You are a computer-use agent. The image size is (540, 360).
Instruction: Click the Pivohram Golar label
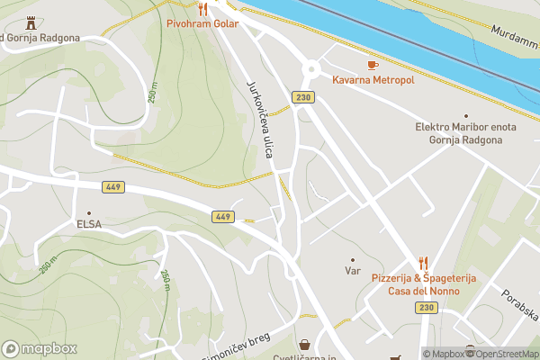pos(202,23)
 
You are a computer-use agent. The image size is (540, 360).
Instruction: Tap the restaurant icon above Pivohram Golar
pos(202,9)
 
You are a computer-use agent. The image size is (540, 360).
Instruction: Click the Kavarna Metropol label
pos(373,80)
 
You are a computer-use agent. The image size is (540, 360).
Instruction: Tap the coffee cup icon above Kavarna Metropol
pos(373,65)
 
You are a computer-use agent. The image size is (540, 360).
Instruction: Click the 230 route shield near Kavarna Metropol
pos(302,97)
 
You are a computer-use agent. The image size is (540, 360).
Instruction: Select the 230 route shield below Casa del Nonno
pos(426,308)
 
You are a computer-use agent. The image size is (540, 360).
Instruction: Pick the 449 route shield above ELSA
pos(113,186)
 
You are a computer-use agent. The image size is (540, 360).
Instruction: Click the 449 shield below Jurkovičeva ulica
pos(223,217)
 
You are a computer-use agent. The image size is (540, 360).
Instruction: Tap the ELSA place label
pos(88,224)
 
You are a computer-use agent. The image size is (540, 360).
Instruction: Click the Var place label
pos(353,270)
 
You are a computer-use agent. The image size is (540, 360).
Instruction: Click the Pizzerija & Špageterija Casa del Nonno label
pos(423,284)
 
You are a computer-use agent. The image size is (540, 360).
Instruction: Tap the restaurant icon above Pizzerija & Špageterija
pos(423,261)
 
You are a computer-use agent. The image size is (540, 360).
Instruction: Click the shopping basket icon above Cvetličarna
pos(305,345)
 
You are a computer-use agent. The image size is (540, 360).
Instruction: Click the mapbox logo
pos(40,348)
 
